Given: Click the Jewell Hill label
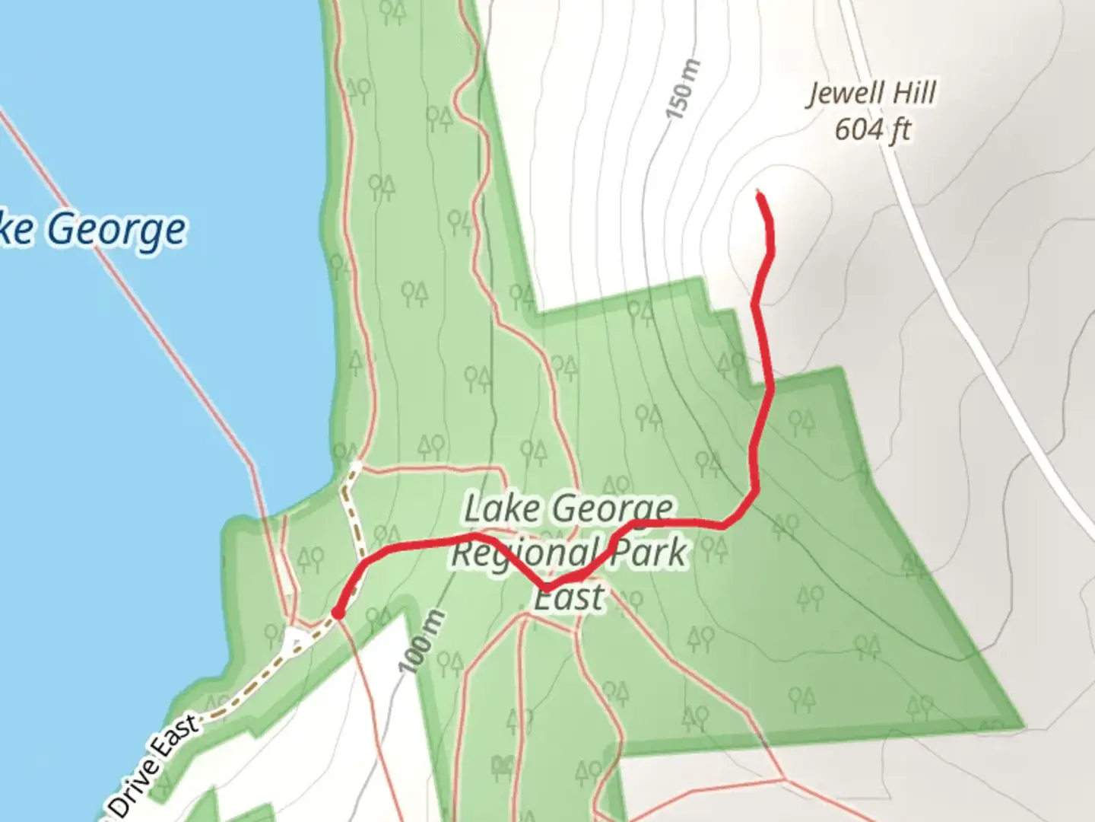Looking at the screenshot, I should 871,94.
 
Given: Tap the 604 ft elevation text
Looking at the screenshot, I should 872,129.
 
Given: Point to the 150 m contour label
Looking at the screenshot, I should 681,90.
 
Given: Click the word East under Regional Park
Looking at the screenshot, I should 570,597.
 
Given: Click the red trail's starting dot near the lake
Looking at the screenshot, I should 337,612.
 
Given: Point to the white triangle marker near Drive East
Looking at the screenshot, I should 294,641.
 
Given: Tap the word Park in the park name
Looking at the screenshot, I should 649,552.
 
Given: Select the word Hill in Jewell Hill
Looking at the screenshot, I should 914,93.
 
